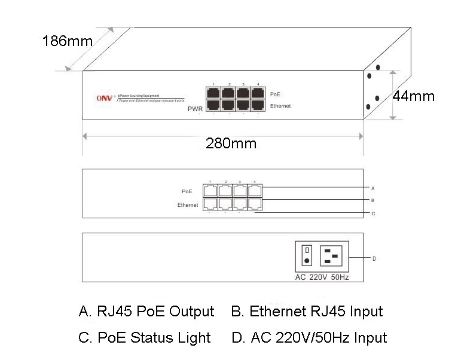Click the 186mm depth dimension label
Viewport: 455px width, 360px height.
68,41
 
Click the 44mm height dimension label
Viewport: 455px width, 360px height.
414,96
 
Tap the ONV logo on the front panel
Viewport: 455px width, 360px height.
105,99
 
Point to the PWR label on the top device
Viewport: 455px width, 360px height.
196,109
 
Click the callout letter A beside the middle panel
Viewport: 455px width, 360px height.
373,188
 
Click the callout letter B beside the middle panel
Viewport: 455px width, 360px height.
373,200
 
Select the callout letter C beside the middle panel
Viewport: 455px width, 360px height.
373,213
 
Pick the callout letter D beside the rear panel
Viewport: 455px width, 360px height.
374,258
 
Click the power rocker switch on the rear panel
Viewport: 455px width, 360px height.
307,254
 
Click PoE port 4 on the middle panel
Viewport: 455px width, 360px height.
255,190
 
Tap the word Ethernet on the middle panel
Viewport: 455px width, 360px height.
187,205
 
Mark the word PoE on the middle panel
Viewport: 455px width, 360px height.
187,191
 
